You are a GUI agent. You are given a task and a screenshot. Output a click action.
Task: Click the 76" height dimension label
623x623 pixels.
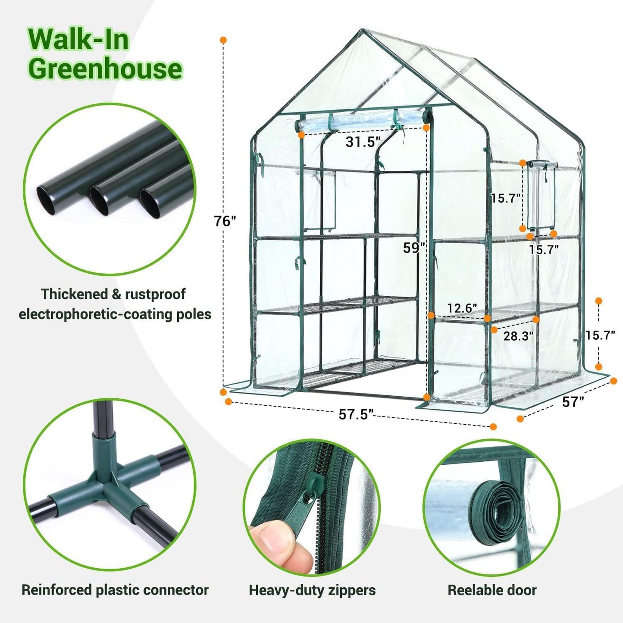coord(225,221)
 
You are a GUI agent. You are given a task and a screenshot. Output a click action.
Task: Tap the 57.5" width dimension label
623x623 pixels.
coord(355,414)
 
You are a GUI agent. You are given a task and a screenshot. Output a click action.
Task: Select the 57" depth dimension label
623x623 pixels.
coord(573,402)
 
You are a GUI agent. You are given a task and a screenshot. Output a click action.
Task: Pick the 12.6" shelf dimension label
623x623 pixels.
coord(462,308)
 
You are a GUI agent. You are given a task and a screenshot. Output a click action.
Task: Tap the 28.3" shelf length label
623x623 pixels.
coord(518,336)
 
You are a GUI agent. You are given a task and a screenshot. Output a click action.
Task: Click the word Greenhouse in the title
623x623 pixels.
coord(106,69)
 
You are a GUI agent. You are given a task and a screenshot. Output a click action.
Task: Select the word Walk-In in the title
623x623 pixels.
coord(79,40)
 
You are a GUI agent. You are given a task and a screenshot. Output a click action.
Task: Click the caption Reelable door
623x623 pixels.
coord(492,590)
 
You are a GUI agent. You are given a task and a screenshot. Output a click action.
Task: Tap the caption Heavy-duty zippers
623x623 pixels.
coord(312,590)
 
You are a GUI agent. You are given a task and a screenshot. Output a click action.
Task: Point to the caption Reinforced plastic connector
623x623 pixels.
coord(115,589)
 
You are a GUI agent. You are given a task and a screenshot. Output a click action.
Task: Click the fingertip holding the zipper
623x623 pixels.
coord(276,539)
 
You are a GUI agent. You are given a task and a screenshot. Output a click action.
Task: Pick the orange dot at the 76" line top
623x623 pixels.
coord(223,40)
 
